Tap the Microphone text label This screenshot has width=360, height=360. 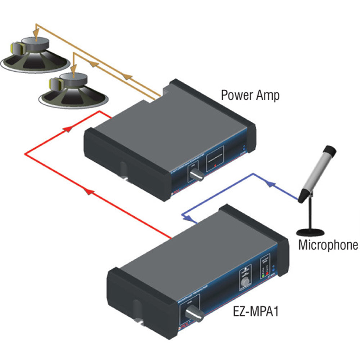[x=328, y=245]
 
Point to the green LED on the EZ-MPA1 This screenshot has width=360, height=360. [x=263, y=276]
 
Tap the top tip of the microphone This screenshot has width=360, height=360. [x=330, y=149]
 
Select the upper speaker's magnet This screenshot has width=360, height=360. [x=35, y=44]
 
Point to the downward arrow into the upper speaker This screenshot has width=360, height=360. [x=36, y=32]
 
